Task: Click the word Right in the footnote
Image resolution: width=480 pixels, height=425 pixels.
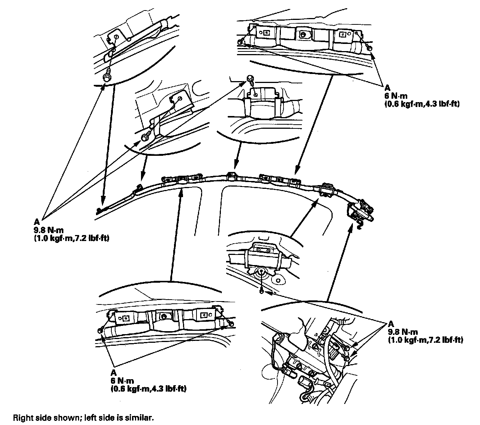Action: [x=21, y=417]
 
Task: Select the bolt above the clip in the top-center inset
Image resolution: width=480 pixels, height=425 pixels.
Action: [x=250, y=78]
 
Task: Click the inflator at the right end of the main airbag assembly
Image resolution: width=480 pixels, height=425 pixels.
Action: [x=361, y=211]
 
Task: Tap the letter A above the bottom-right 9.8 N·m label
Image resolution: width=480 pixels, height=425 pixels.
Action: [x=391, y=324]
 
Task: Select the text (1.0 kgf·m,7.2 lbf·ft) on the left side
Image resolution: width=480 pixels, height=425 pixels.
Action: [x=71, y=238]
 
